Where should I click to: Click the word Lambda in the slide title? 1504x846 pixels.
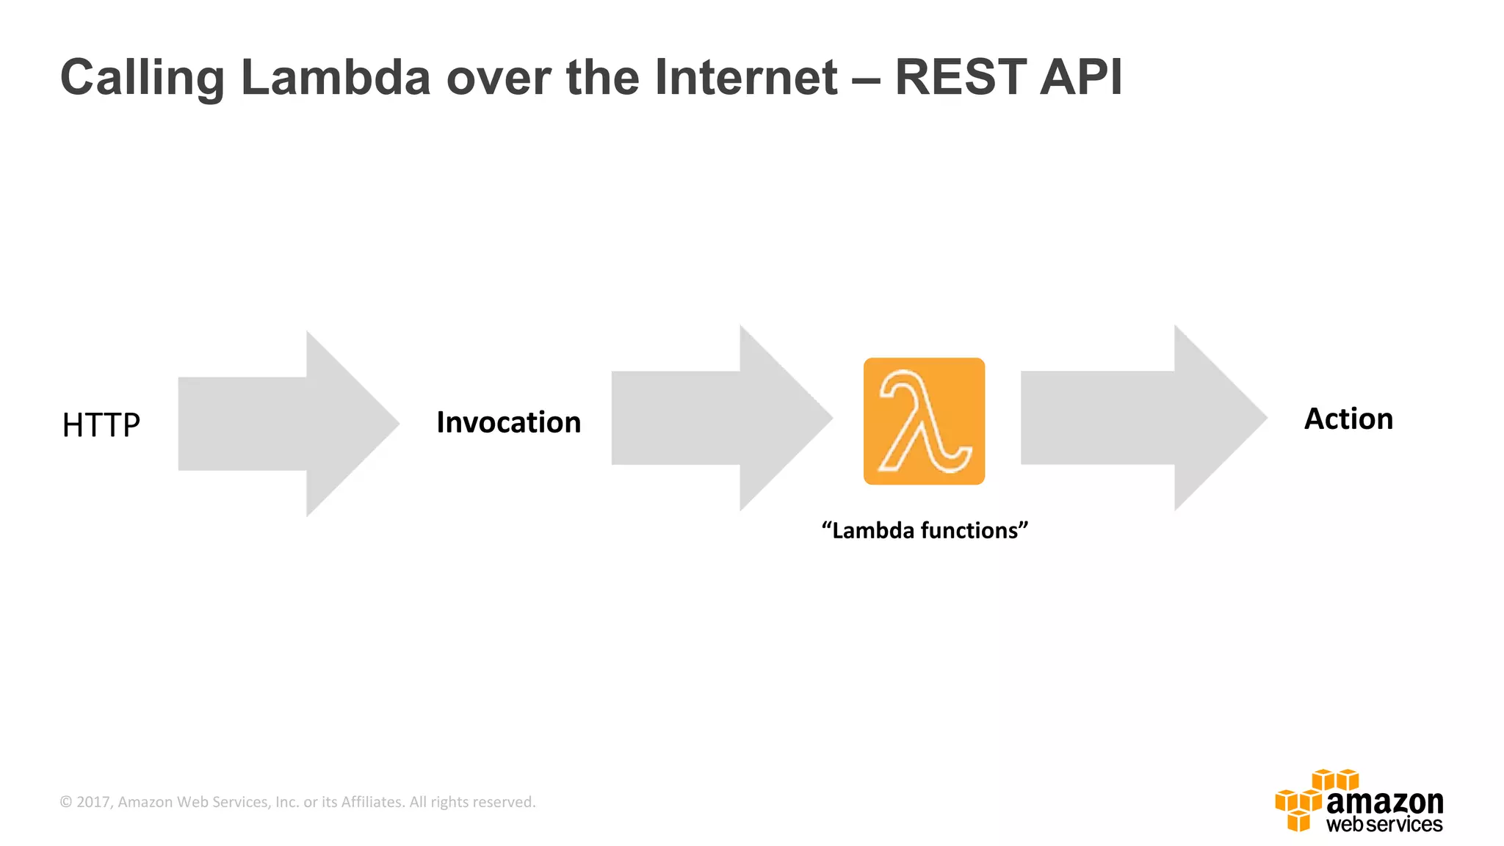click(x=336, y=77)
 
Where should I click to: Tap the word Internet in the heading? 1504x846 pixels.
click(x=745, y=77)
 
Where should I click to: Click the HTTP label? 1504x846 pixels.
click(x=101, y=425)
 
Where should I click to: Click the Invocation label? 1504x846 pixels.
click(x=508, y=422)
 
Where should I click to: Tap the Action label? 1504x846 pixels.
click(x=1348, y=419)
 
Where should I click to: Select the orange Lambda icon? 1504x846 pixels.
click(x=924, y=421)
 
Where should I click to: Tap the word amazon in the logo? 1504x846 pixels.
click(x=1384, y=801)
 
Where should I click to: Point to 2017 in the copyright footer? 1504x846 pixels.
click(x=93, y=802)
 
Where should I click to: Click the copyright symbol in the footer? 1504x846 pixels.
click(x=66, y=802)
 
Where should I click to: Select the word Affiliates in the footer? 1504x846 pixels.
click(x=372, y=802)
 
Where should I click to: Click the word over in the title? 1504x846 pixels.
click(x=498, y=77)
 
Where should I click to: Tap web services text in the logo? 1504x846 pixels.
click(x=1384, y=825)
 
